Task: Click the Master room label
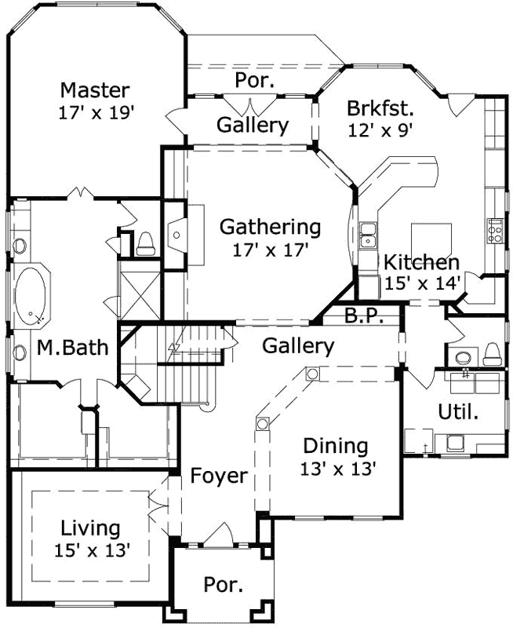(95, 89)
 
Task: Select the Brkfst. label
(380, 108)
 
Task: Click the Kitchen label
(421, 262)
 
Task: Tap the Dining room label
(335, 447)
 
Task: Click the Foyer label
(219, 476)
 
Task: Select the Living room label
(90, 528)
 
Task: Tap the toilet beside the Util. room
(492, 353)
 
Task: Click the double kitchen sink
(367, 235)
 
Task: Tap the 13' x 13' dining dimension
(339, 469)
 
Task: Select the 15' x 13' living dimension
(92, 549)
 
